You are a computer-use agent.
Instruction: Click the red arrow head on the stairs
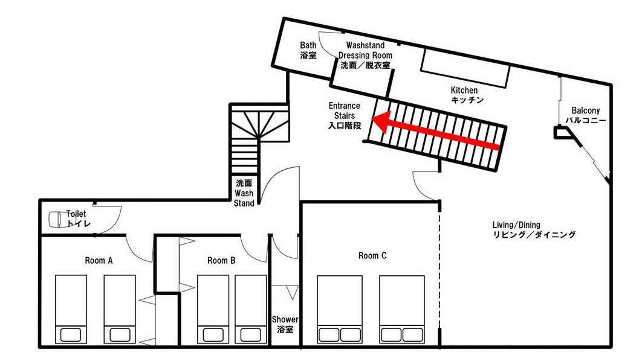pos(380,122)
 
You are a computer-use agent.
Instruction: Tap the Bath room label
pos(308,50)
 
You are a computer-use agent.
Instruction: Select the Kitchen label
pos(466,95)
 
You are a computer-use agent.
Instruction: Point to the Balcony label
pos(586,115)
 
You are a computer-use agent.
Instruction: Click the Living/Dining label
pos(534,230)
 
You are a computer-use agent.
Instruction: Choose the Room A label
pos(99,261)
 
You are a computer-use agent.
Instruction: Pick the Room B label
pos(221,261)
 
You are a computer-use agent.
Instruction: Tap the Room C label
pos(372,255)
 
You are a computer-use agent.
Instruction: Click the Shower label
pos(285,324)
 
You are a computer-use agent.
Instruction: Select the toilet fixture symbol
pos(57,219)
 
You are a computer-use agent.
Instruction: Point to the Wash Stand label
pos(244,193)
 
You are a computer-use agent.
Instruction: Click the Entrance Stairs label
pos(345,116)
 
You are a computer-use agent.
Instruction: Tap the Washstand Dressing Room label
pos(365,55)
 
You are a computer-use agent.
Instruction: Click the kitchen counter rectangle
pos(466,68)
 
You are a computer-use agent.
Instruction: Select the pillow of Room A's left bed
pos(71,335)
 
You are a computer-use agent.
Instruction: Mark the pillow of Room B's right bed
pos(251,335)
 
